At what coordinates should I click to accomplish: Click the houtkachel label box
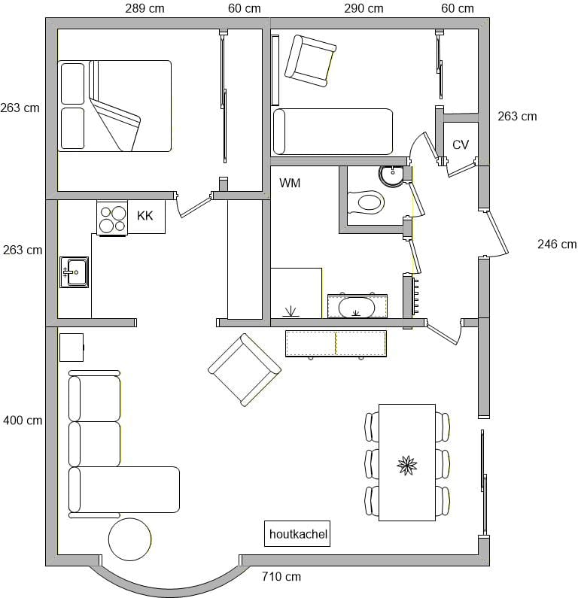pos(297,533)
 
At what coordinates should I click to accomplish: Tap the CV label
pos(460,144)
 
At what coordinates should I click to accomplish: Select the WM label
pos(290,183)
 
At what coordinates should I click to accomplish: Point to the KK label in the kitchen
pos(145,216)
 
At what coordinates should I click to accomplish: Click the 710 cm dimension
pos(281,576)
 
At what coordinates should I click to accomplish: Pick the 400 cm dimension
pos(23,420)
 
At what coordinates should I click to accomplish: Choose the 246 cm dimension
pos(557,244)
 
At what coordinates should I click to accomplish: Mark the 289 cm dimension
pos(144,8)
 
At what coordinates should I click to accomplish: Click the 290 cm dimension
pos(364,8)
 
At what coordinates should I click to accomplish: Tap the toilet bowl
pos(366,202)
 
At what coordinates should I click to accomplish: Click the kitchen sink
pos(74,272)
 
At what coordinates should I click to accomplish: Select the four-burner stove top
pos(112,219)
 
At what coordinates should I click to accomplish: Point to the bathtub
pos(357,306)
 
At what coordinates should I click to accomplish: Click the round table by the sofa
pos(129,539)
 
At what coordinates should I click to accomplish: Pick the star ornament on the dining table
pos(407,466)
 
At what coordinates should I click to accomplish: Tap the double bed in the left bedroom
pos(114,106)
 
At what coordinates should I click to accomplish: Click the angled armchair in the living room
pos(245,370)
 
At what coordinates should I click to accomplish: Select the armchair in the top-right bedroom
pos(311,61)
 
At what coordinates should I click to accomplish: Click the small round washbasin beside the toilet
pos(391,175)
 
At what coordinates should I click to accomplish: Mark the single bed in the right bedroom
pos(333,132)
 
